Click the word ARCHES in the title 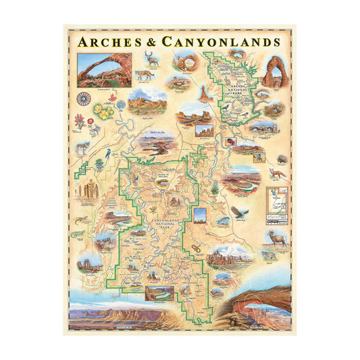point(107,41)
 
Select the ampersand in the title point(150,42)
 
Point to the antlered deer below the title point(154,59)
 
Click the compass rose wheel point(84,99)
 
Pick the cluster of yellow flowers point(104,112)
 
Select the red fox point(276,174)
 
